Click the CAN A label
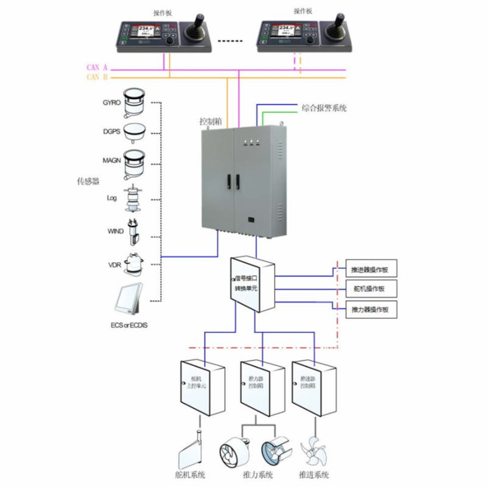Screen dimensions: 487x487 [97, 68]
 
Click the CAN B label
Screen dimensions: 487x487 [97, 77]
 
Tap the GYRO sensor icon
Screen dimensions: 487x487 [134, 102]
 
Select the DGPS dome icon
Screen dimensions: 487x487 [135, 131]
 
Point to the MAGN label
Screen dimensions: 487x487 [111, 160]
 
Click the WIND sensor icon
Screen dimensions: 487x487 [133, 232]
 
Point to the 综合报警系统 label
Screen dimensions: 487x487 [324, 108]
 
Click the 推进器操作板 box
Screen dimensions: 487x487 [371, 268]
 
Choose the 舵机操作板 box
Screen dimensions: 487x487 [371, 288]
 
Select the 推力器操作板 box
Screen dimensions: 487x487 [371, 309]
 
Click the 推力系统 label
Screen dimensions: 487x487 [257, 474]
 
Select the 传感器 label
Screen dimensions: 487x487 [88, 181]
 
